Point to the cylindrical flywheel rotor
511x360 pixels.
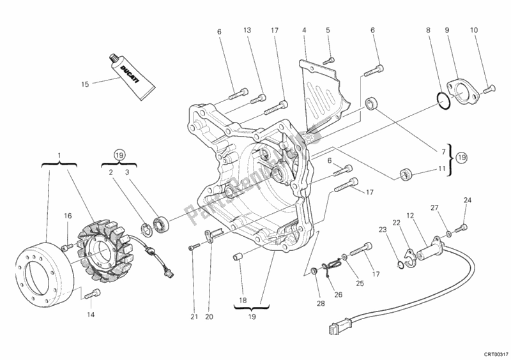pos(42,270)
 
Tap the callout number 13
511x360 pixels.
pos(247,30)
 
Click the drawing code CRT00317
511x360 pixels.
pos(495,352)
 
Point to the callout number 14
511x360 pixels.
pos(89,315)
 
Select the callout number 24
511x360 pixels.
pos(467,201)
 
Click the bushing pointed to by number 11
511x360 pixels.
pos(404,174)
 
